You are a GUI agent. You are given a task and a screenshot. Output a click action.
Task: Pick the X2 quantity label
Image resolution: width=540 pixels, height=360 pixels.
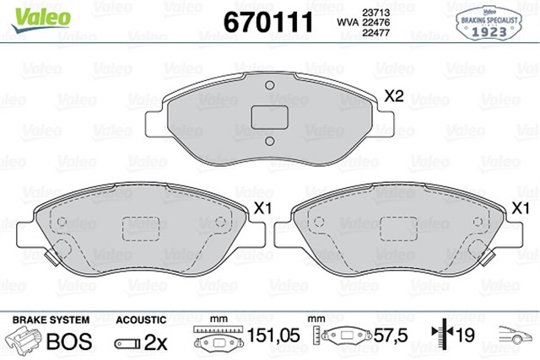[393, 97]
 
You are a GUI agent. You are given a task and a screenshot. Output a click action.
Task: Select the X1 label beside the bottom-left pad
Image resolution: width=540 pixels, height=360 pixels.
[262, 207]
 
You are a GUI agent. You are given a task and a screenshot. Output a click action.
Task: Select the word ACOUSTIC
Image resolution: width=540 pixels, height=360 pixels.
[140, 320]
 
